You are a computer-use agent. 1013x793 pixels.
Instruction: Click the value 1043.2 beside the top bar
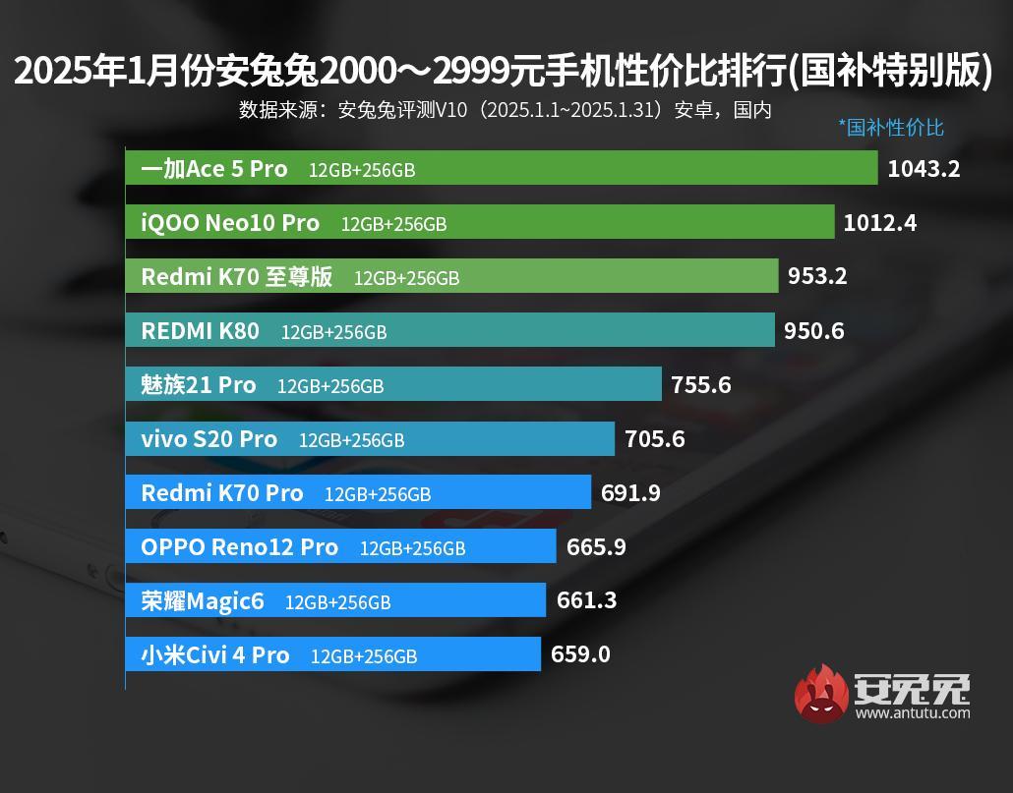click(924, 168)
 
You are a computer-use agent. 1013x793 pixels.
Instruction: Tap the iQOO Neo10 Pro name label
click(230, 223)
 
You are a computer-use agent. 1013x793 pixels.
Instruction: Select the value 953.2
click(817, 276)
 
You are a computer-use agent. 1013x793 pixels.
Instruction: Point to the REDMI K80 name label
click(201, 331)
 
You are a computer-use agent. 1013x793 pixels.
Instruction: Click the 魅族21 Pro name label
click(199, 384)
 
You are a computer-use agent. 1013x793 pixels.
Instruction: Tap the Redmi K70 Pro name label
click(222, 493)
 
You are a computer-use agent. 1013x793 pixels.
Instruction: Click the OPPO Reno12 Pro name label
click(240, 547)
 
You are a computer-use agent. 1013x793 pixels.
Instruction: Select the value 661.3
click(586, 599)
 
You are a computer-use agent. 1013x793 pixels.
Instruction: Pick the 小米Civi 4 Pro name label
click(215, 654)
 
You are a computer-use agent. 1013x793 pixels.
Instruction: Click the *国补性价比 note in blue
click(890, 127)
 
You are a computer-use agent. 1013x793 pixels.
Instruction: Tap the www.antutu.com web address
click(913, 712)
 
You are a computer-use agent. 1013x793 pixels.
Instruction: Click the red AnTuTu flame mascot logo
click(821, 693)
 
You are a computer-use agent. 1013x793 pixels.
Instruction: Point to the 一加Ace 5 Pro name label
click(214, 169)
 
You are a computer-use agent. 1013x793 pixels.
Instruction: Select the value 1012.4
click(880, 223)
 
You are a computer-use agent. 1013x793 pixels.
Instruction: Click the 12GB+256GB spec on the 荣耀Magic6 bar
click(337, 602)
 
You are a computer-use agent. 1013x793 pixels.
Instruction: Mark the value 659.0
click(580, 653)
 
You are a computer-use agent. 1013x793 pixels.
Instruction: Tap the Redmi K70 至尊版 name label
click(237, 277)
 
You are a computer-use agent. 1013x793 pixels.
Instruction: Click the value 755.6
click(701, 384)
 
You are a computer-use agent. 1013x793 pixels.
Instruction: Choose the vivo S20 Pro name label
click(209, 439)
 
